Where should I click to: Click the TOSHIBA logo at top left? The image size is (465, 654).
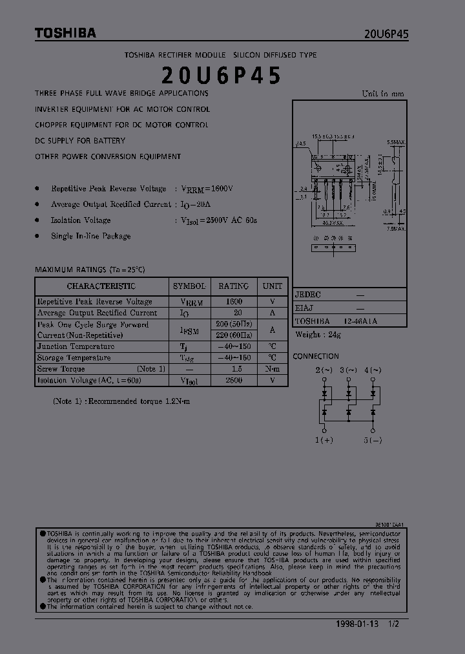click(x=65, y=33)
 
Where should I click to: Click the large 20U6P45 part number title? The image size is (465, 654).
click(x=221, y=76)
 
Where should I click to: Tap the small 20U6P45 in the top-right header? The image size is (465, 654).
click(x=386, y=35)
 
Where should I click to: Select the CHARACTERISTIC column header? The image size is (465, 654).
click(x=101, y=286)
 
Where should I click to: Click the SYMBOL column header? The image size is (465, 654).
click(x=189, y=286)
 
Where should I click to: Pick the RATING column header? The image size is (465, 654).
click(x=233, y=286)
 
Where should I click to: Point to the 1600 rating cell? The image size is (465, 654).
click(x=233, y=302)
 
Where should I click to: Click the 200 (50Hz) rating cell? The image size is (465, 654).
click(x=233, y=324)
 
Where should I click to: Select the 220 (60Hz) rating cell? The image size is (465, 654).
click(x=233, y=335)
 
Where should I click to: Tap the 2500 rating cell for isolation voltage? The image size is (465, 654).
click(x=233, y=381)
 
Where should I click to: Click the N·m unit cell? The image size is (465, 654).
click(x=272, y=369)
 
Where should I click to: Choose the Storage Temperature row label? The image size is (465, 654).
click(x=74, y=358)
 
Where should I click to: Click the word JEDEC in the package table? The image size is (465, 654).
click(x=308, y=295)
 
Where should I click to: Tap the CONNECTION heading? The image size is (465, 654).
click(x=315, y=356)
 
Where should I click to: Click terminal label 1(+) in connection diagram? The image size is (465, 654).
click(x=324, y=440)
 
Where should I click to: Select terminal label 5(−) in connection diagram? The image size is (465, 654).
click(x=372, y=440)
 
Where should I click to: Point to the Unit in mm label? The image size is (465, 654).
click(x=383, y=93)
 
